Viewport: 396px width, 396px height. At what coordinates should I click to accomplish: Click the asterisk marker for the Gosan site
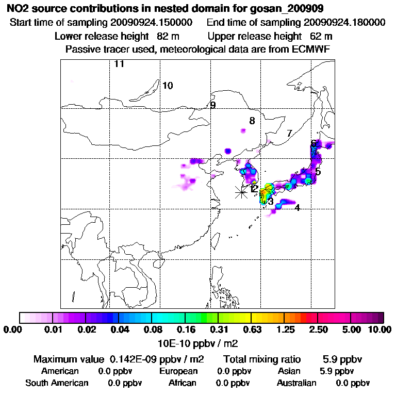click(241, 192)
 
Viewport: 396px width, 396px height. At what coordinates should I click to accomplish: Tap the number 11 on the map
click(119, 64)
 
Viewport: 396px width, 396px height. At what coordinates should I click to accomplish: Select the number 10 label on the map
click(168, 86)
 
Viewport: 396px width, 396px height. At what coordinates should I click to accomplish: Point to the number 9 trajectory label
click(212, 105)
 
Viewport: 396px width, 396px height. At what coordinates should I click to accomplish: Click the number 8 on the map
click(252, 121)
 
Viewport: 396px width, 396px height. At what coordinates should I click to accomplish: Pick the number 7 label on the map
click(289, 134)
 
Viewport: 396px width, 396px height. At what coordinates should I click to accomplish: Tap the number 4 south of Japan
click(297, 208)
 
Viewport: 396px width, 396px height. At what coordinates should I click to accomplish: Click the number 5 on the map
click(318, 172)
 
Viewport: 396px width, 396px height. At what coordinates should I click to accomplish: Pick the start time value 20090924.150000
click(152, 23)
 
